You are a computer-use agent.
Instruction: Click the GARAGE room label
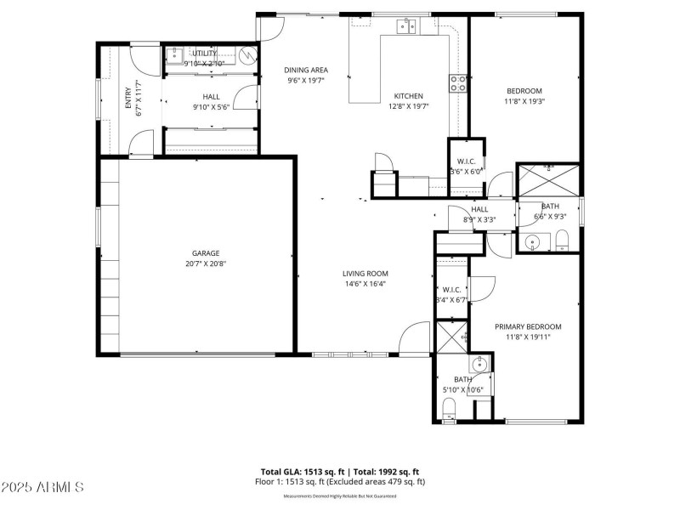206,253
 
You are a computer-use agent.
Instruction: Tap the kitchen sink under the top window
405,28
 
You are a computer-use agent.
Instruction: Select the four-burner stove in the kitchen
458,83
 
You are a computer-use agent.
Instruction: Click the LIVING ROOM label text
365,274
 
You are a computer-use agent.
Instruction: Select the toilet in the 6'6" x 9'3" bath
562,243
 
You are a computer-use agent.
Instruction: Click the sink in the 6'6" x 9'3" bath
533,243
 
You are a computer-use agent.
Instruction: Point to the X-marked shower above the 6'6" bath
548,180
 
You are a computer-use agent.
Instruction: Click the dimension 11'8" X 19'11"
528,337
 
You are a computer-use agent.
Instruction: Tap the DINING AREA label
307,71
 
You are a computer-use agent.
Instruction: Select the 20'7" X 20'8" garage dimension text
206,263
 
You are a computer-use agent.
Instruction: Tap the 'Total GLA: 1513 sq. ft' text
301,472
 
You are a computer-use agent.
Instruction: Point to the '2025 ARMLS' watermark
42,488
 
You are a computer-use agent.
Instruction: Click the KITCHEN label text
408,96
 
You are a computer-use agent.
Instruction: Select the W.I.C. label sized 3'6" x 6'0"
466,161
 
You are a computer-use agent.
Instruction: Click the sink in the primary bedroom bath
481,365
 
